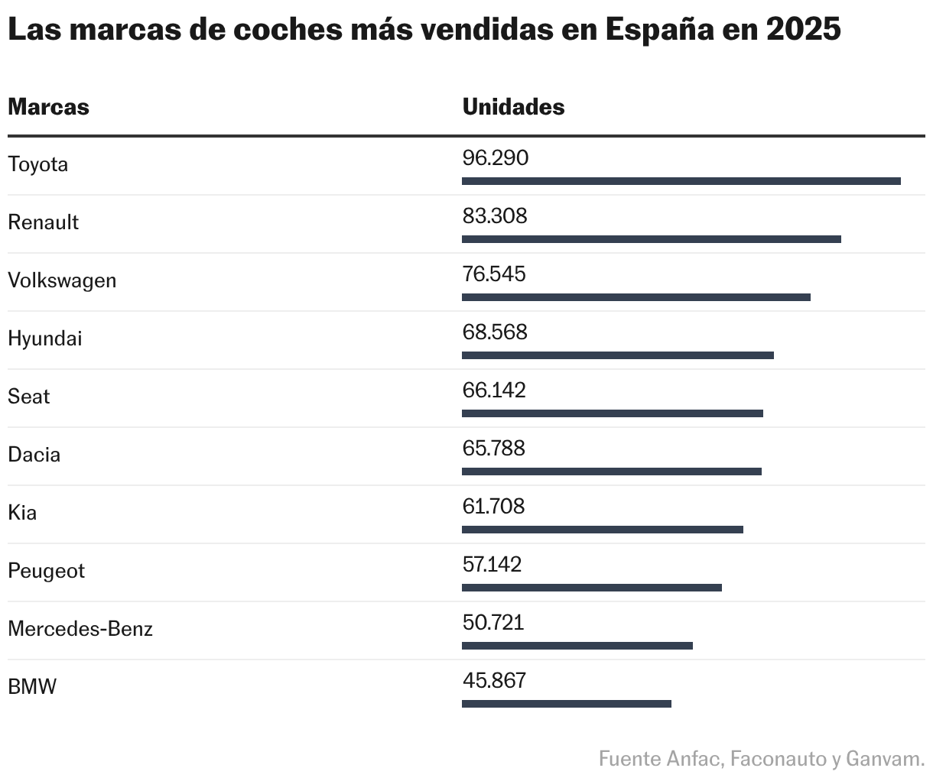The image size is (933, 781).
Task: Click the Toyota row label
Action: point(37,164)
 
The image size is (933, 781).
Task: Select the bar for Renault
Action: point(651,239)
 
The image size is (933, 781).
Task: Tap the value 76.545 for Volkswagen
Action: point(494,274)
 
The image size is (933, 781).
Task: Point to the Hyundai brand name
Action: point(44,339)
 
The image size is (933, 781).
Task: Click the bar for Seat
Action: point(612,413)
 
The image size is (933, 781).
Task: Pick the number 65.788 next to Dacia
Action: point(493,449)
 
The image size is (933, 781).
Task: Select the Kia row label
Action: point(22,513)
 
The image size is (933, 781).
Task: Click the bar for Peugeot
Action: point(591,588)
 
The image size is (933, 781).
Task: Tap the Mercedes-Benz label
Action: point(80,629)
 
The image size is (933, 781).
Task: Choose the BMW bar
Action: point(566,704)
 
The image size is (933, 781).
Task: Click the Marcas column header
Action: point(48,107)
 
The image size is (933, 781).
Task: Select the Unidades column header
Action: point(513,107)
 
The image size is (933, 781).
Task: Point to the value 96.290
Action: point(496,158)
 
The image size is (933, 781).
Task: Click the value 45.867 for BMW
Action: point(494,681)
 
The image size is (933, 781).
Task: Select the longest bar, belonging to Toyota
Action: point(681,181)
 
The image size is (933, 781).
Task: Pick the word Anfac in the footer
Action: point(694,759)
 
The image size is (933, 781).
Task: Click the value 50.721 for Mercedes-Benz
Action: point(493,623)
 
